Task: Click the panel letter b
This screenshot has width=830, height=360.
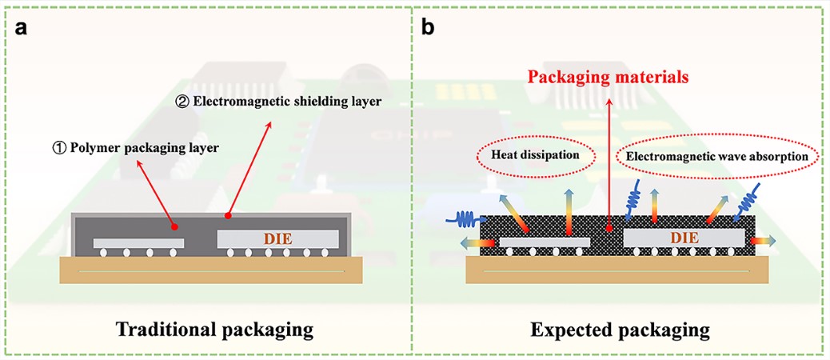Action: [428, 28]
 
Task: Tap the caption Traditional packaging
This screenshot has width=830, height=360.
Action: [213, 330]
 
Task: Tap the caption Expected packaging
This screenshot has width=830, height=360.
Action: [620, 330]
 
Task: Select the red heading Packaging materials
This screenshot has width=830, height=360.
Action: [607, 78]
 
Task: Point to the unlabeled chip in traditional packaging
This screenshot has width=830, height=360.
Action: [138, 242]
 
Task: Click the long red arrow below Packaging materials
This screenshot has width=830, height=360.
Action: [609, 160]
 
